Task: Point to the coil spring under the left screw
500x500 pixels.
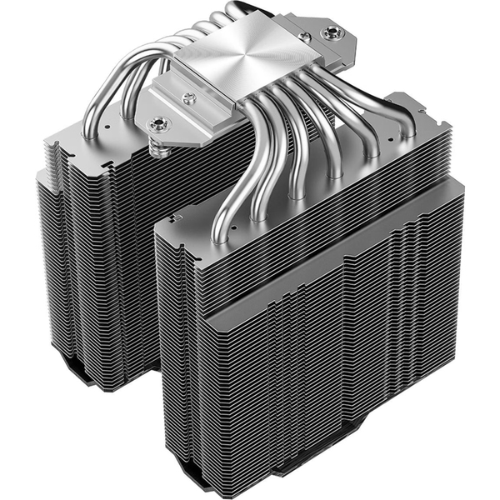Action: pos(157,148)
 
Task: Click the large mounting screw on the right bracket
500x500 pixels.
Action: pos(336,33)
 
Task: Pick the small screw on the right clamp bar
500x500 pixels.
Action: pos(305,38)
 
